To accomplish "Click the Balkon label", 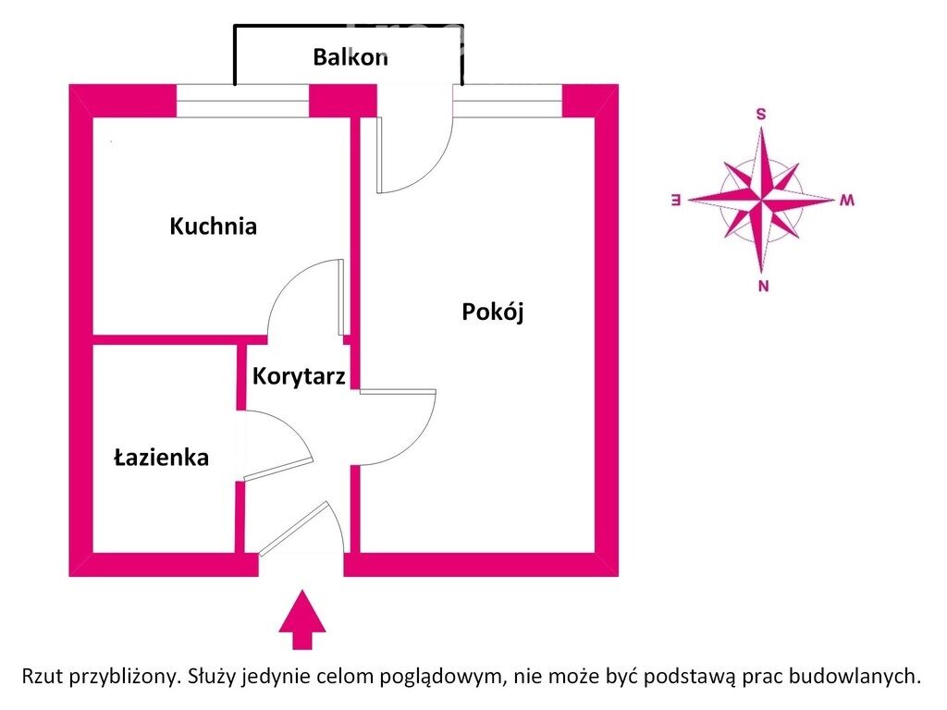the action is click(x=351, y=57).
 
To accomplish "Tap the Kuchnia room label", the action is click(x=214, y=226).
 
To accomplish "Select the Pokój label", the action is click(x=493, y=312).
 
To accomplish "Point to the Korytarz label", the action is click(x=299, y=376).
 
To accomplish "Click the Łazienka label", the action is click(x=161, y=457).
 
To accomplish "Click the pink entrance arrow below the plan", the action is click(x=302, y=620).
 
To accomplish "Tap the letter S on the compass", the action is click(x=761, y=114).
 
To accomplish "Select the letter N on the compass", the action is click(x=763, y=287).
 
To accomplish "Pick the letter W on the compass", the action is click(x=847, y=200).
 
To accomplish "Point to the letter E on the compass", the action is click(x=676, y=200).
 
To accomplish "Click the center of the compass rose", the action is click(x=762, y=199).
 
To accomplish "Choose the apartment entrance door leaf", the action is click(x=293, y=528).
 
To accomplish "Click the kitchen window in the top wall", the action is click(x=243, y=101).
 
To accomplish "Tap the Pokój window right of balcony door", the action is click(x=508, y=101).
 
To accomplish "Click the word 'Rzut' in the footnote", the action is click(x=43, y=675).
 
